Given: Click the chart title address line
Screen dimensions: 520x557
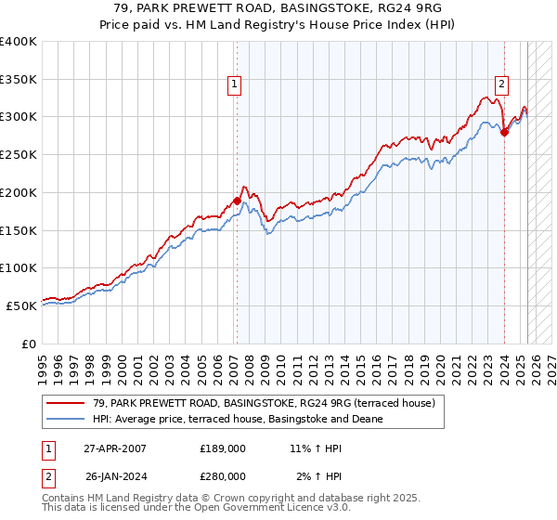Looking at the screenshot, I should pyautogui.click(x=278, y=9).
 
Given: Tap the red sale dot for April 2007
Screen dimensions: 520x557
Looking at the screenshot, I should pyautogui.click(x=237, y=200).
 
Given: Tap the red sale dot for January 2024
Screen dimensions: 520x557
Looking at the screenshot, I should pyautogui.click(x=504, y=132).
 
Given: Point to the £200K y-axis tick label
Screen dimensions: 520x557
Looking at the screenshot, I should pyautogui.click(x=18, y=192).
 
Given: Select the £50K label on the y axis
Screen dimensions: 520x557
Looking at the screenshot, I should pyautogui.click(x=20, y=305).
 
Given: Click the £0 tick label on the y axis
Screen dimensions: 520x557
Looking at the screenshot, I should pyautogui.click(x=29, y=344).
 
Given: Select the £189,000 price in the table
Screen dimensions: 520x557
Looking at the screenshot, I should pyautogui.click(x=222, y=448).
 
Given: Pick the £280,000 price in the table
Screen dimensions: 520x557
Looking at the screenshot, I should pyautogui.click(x=222, y=475).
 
